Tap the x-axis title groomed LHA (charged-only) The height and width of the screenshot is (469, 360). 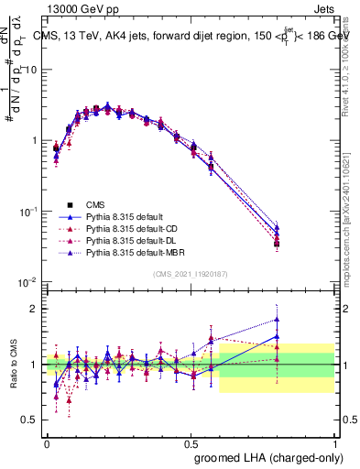pos(266,456)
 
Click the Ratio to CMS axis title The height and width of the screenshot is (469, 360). pos(13,365)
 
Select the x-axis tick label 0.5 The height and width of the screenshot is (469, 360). pos(191,442)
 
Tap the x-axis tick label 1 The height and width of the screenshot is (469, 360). pos(335,442)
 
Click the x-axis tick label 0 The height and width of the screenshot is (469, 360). pos(47,442)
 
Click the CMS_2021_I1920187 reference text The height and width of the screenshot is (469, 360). pos(191,273)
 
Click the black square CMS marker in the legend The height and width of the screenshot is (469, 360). pos(69,204)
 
